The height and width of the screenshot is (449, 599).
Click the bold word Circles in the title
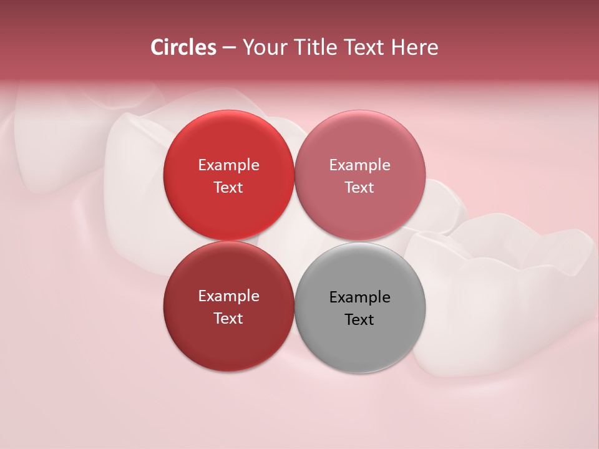tap(183, 47)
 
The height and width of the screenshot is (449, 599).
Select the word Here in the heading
tap(415, 47)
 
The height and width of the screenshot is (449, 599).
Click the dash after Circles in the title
tap(229, 48)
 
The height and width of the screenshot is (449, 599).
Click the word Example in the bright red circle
tap(228, 165)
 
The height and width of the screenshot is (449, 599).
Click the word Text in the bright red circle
tap(228, 187)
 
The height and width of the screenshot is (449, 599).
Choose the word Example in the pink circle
tap(359, 165)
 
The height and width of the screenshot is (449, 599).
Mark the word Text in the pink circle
tap(359, 187)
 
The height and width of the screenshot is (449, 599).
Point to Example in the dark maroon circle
tap(228, 296)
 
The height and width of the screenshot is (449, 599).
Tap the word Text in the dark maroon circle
tap(228, 318)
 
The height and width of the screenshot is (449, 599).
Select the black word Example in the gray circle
tap(359, 297)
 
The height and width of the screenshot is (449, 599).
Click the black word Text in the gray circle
tap(359, 319)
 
